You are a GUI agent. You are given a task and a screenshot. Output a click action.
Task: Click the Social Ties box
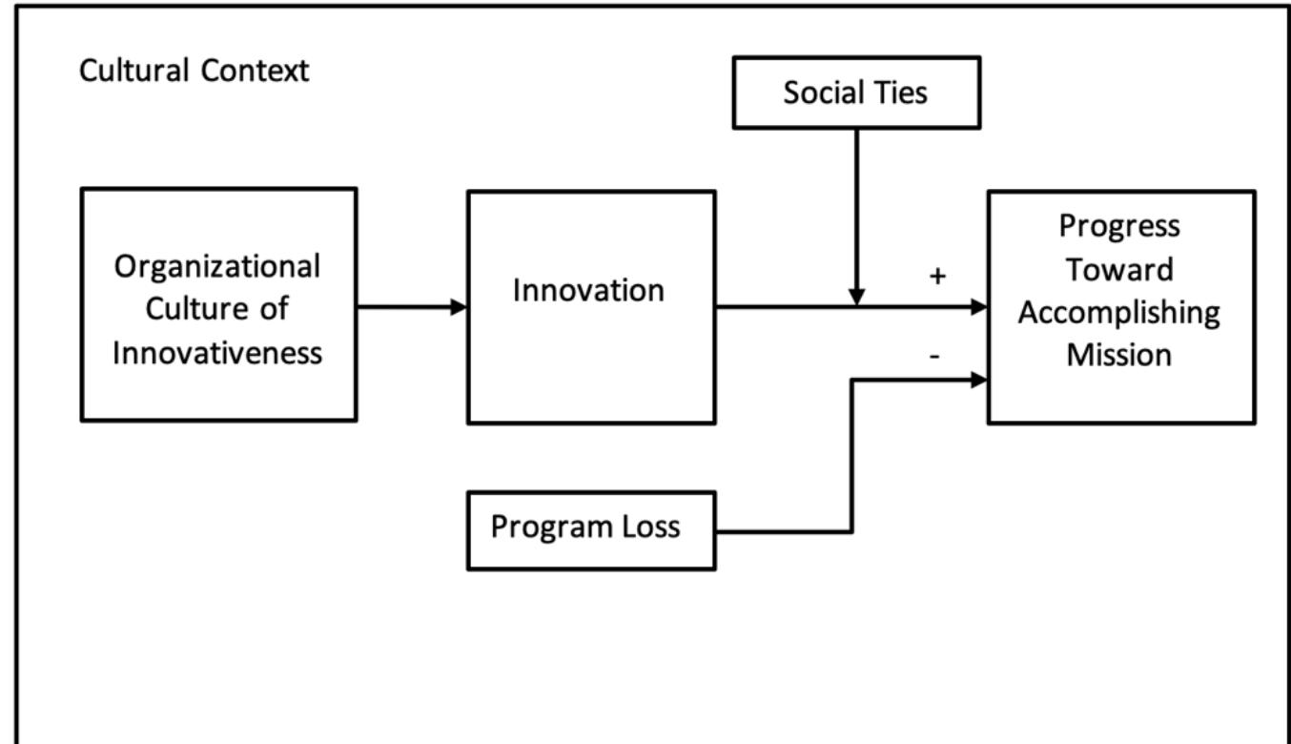pyautogui.click(x=855, y=93)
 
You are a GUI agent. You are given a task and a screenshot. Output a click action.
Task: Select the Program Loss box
pyautogui.click(x=591, y=530)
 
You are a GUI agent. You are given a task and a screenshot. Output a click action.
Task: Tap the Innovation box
pyautogui.click(x=590, y=306)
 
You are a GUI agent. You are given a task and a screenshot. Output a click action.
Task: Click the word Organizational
pyautogui.click(x=217, y=266)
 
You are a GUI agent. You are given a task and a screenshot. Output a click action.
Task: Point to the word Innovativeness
pyautogui.click(x=217, y=352)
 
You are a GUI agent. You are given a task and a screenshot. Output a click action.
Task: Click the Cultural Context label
pyautogui.click(x=195, y=71)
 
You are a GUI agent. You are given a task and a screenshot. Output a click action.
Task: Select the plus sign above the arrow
pyautogui.click(x=938, y=277)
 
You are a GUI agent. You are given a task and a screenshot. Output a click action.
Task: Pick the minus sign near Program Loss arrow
pyautogui.click(x=934, y=355)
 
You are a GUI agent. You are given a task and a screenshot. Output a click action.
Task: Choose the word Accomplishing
pyautogui.click(x=1119, y=312)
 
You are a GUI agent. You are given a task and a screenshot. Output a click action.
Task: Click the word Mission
pyautogui.click(x=1119, y=355)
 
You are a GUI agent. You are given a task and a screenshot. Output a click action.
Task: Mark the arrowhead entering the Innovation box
pyautogui.click(x=460, y=307)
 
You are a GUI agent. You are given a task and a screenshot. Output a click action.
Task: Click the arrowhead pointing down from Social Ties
pyautogui.click(x=856, y=297)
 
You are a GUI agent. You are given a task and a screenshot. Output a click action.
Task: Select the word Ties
pyautogui.click(x=897, y=93)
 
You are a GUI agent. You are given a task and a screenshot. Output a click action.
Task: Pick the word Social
pyautogui.click(x=824, y=93)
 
